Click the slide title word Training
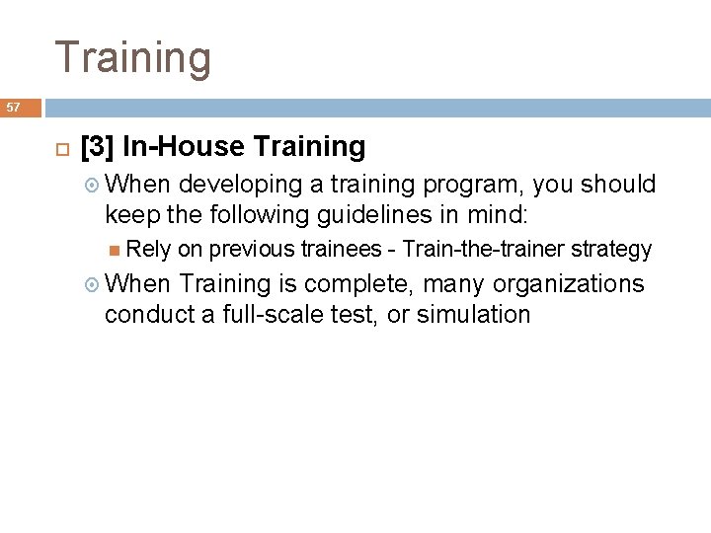[132, 56]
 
